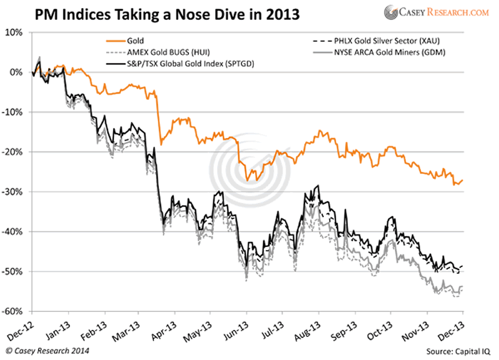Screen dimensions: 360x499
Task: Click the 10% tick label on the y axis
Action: point(16,32)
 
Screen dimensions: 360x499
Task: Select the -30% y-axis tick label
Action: point(14,192)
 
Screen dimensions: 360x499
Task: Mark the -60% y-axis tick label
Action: point(14,311)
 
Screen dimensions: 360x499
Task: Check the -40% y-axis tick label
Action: point(14,232)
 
